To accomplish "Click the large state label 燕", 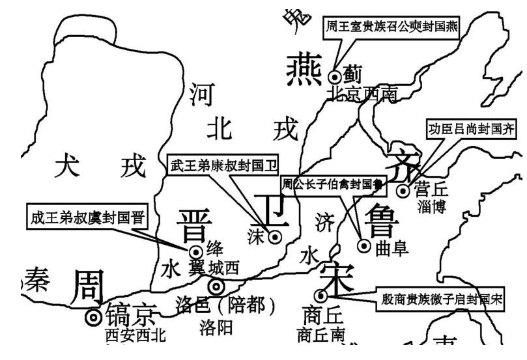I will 303,71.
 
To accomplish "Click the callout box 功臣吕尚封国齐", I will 471,129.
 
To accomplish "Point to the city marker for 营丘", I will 404,190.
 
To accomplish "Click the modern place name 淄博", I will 432,208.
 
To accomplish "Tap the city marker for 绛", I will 195,251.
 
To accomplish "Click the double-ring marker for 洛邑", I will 216,286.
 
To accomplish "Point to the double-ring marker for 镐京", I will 94,317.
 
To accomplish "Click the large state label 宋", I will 337,276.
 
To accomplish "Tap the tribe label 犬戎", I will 101,167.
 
